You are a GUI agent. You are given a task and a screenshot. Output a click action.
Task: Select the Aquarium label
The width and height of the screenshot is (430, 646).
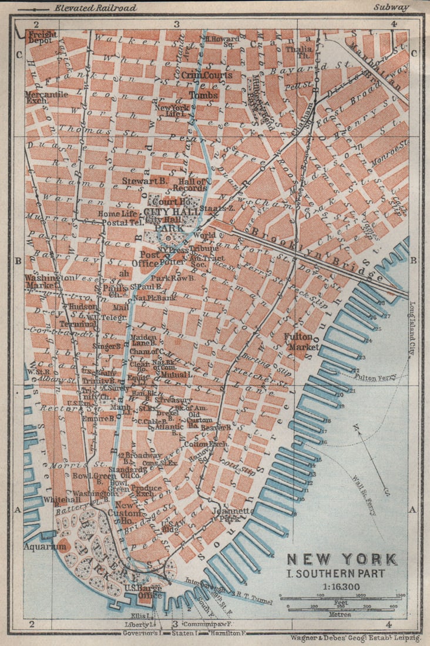click(45, 546)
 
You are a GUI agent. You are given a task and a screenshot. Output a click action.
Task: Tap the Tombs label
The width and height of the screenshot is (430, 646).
click(203, 95)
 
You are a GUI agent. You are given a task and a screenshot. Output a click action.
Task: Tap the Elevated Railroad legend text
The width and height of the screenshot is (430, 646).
click(95, 8)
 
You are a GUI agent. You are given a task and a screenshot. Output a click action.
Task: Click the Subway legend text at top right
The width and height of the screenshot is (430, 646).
click(390, 8)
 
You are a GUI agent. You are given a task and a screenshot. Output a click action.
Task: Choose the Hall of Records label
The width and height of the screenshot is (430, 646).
click(189, 184)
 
